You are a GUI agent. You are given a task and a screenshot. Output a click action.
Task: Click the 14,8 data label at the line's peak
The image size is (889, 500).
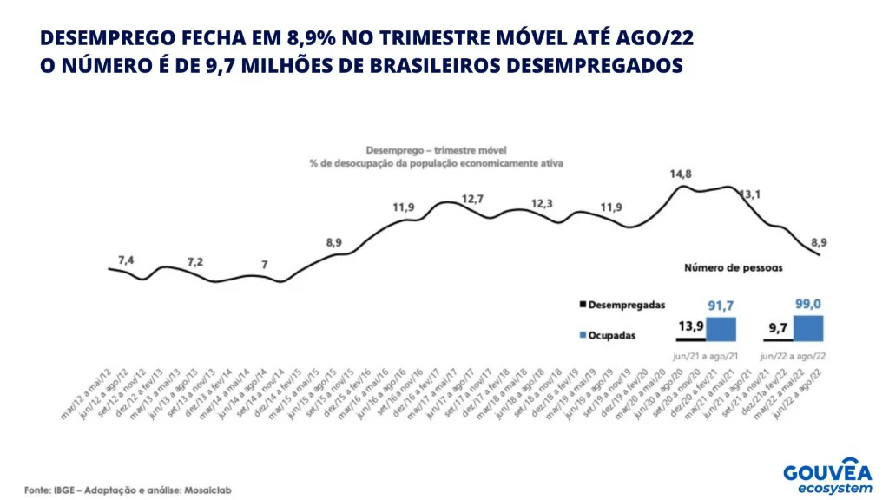681,174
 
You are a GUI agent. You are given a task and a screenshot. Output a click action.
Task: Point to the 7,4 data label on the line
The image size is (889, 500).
127,260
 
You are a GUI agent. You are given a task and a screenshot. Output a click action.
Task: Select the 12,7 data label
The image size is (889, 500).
473,200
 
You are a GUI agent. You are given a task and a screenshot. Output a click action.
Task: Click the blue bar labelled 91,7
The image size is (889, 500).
721,329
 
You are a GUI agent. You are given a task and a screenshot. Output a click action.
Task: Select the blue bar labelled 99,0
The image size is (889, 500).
807,327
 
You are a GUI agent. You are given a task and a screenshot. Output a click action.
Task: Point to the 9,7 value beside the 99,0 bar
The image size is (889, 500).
777,327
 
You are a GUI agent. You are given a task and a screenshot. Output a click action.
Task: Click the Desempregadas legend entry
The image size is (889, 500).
621,306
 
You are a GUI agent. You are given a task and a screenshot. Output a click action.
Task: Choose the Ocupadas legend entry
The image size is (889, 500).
606,334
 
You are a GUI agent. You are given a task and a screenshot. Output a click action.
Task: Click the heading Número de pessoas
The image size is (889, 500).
733,268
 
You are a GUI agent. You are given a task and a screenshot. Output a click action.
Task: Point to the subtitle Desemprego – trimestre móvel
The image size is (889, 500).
436,149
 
